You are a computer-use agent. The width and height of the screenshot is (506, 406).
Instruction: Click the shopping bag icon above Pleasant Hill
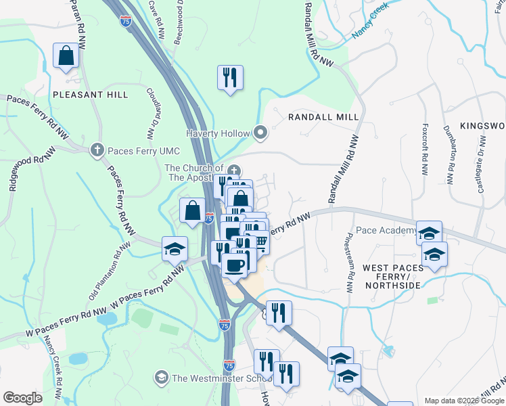pyautogui.click(x=66, y=57)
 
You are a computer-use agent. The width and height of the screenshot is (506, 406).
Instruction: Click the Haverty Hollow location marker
pyautogui.click(x=260, y=133)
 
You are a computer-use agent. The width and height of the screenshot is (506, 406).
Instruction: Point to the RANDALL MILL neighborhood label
pyautogui.click(x=323, y=117)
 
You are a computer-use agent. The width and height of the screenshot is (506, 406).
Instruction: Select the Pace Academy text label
pyautogui.click(x=386, y=231)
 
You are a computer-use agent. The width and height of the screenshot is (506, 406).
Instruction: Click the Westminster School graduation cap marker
pyautogui.click(x=162, y=377)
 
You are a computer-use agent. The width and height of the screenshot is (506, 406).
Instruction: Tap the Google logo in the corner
pyautogui.click(x=23, y=398)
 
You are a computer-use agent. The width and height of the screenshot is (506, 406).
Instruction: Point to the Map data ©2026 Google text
pyautogui.click(x=463, y=400)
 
